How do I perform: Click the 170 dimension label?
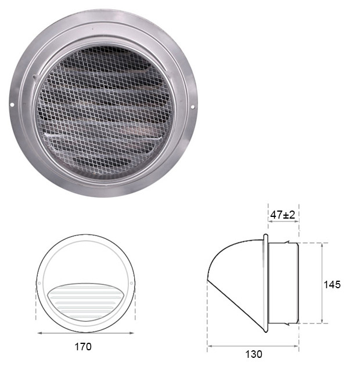[83, 347]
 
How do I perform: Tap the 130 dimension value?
[254, 354]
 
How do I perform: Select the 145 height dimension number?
[332, 285]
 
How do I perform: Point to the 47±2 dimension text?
[283, 215]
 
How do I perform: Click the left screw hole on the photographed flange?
[12, 104]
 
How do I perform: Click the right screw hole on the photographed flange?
[193, 107]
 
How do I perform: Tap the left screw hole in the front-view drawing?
[39, 283]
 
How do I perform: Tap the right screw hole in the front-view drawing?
[131, 283]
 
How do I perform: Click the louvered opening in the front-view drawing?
[85, 302]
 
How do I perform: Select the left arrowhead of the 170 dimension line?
[40, 333]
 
